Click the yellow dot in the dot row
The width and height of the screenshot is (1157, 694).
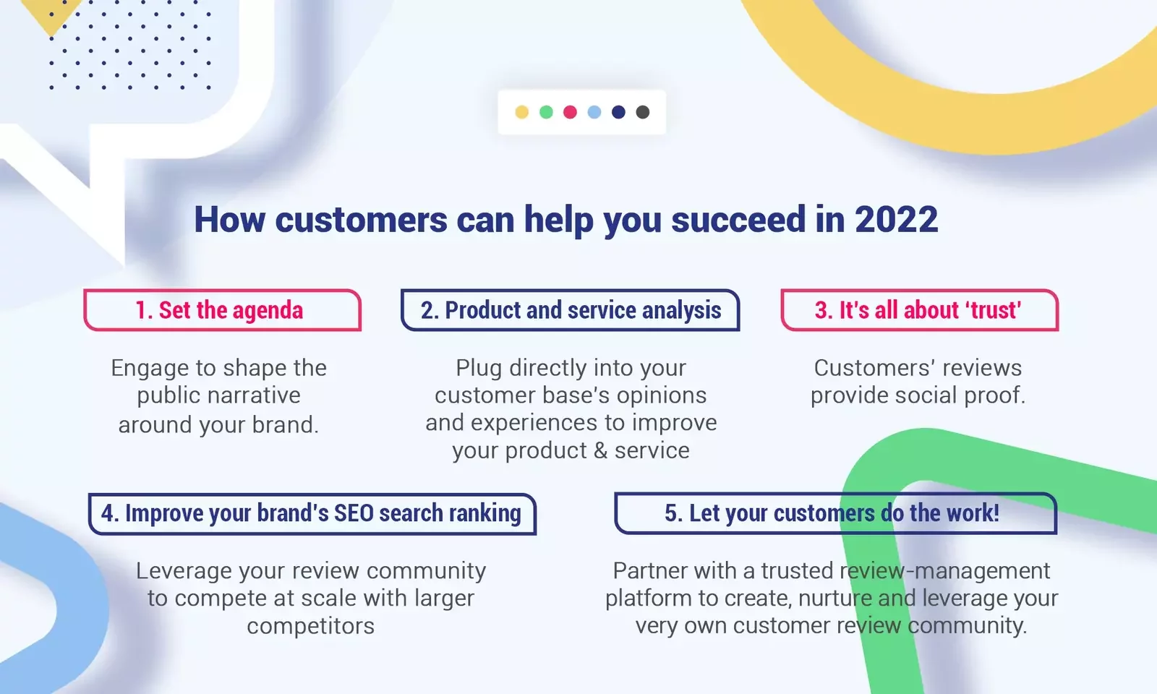[x=522, y=112]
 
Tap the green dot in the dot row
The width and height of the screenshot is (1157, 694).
[x=546, y=112]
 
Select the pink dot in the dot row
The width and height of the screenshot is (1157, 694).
[x=570, y=112]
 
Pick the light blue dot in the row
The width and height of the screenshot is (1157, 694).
[x=594, y=112]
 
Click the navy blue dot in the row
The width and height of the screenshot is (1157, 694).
[x=618, y=112]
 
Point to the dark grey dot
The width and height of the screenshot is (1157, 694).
[x=643, y=112]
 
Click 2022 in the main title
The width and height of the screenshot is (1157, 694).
[x=896, y=219]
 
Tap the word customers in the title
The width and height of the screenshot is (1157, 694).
[x=361, y=219]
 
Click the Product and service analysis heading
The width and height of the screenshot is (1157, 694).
[x=571, y=310]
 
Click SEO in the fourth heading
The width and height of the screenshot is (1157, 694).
[x=354, y=513]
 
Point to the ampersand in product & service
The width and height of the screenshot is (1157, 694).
[x=600, y=451]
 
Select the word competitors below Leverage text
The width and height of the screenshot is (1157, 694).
[x=310, y=626]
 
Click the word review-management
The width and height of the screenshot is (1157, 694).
[x=944, y=571]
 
